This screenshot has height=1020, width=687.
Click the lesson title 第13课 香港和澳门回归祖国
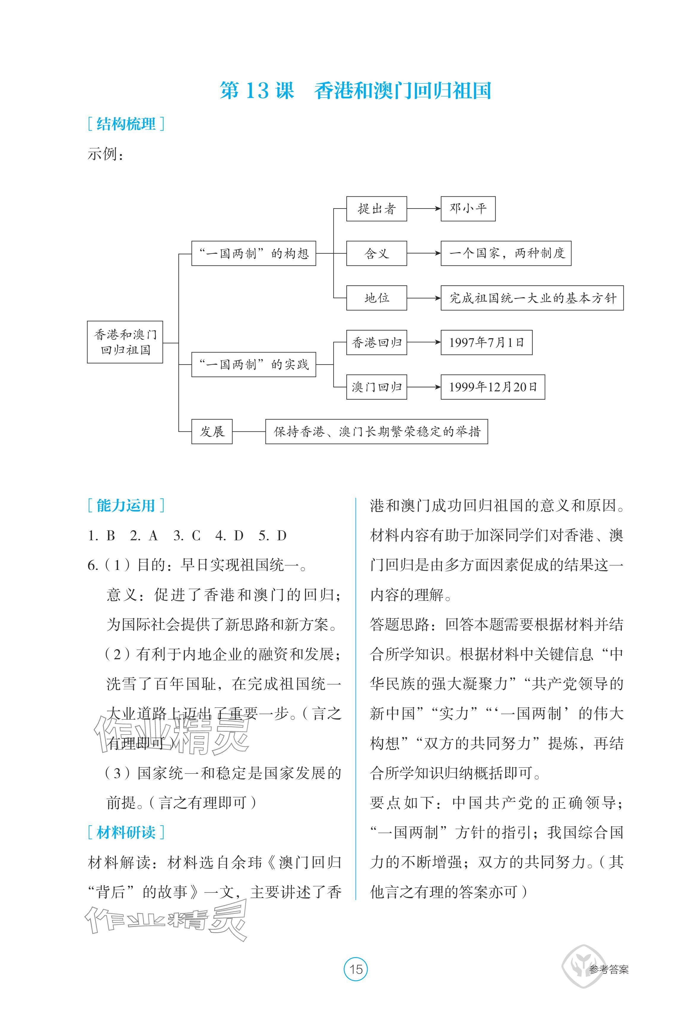[x=355, y=91]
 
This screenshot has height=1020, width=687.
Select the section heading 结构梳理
[x=126, y=124]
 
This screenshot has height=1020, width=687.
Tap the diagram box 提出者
[x=376, y=209]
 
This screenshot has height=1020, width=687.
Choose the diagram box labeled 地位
[x=376, y=298]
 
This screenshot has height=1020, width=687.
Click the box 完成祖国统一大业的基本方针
[x=532, y=298]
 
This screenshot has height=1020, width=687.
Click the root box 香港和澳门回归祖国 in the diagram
[x=125, y=342]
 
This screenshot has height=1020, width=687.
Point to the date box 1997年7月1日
[x=486, y=342]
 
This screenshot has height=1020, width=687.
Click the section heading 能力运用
[x=126, y=506]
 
